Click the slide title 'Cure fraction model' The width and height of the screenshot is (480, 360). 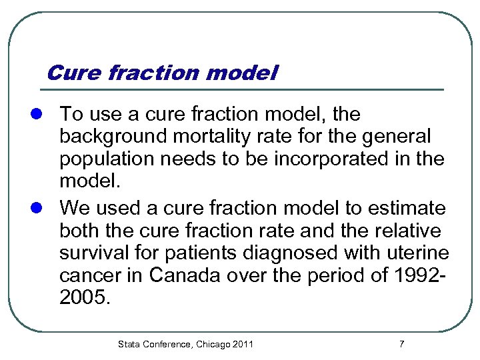tap(162, 72)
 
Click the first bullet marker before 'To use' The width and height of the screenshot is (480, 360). tap(42, 115)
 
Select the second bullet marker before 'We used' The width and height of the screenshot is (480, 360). tap(42, 208)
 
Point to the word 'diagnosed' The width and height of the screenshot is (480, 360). tap(271, 254)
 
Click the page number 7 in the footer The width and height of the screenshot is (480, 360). tap(401, 344)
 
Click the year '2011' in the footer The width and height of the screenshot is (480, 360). tap(243, 344)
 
